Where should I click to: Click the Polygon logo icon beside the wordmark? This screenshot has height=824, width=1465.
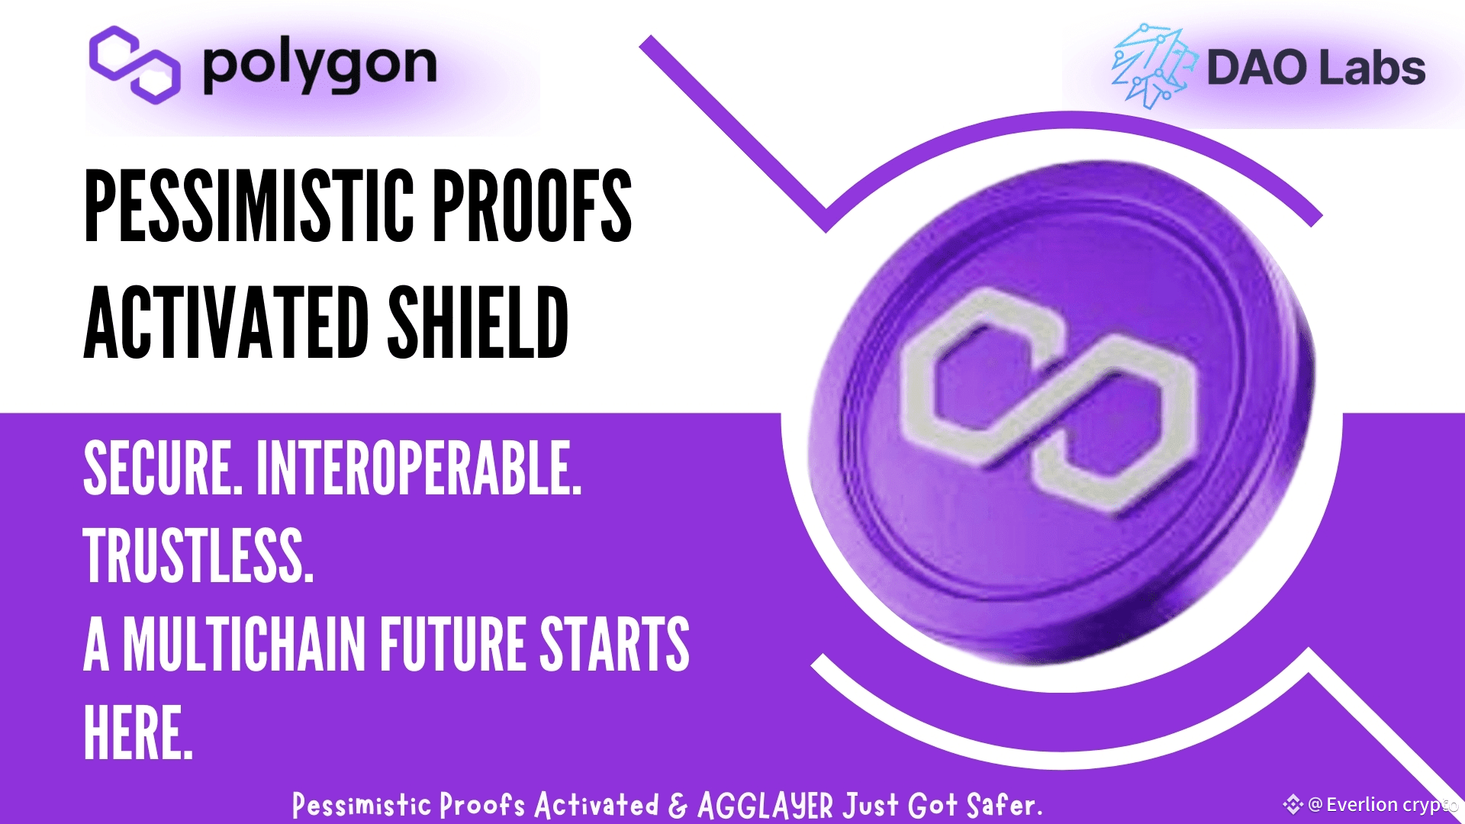134,65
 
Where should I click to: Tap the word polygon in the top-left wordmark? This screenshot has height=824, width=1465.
320,67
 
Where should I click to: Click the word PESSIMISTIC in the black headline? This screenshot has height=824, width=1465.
249,205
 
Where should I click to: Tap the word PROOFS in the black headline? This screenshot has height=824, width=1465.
533,205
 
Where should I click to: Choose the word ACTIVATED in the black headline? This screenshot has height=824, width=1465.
227,322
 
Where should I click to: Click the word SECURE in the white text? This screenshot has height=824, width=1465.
162,468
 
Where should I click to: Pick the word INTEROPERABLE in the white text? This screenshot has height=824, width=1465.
419,468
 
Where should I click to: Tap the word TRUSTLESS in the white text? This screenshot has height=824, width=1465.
198,555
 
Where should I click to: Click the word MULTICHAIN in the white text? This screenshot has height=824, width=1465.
244,644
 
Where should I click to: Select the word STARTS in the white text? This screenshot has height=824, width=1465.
615,644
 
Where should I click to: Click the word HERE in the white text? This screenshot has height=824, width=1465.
138,732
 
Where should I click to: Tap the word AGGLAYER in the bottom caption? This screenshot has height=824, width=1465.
765,806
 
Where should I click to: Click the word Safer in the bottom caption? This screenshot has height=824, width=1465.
1004,804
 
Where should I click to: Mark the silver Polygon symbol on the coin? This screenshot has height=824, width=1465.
1051,398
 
